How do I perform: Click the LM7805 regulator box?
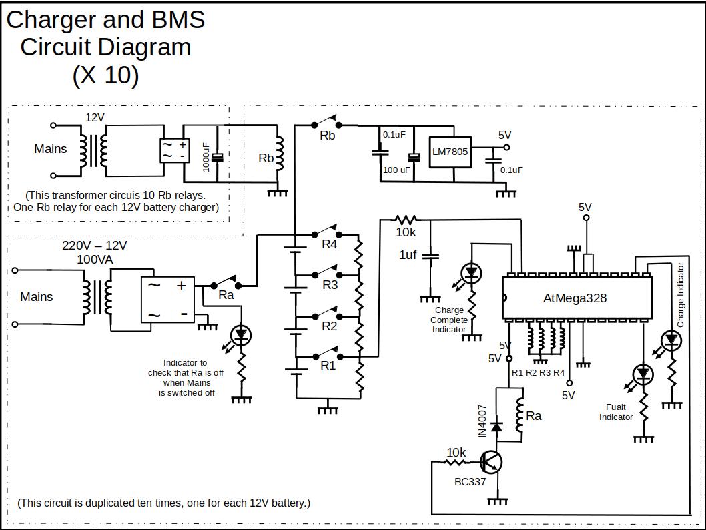tap(450, 152)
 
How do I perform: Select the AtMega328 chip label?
tap(575, 298)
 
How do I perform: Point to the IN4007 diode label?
tap(482, 421)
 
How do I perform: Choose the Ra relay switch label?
tap(226, 295)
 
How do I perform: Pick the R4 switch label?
tap(330, 244)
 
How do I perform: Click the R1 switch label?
tap(328, 366)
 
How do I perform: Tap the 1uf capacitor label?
tap(408, 255)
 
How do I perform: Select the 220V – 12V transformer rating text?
tap(95, 245)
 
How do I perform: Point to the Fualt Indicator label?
tap(615, 412)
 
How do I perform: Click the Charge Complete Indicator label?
tap(449, 320)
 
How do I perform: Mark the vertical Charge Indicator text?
tap(681, 295)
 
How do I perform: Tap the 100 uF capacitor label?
tap(396, 170)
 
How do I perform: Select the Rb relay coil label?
tap(266, 158)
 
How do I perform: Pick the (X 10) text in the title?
tap(105, 75)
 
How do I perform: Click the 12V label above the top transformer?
tap(95, 117)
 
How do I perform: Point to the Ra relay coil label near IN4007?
tap(534, 416)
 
